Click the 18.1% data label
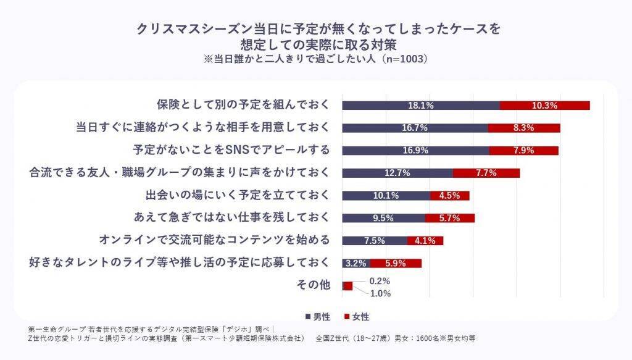(x=421, y=106)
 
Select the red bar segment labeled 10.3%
(x=544, y=106)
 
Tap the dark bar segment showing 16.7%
(x=415, y=128)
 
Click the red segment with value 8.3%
(x=524, y=128)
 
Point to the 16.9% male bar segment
(x=415, y=151)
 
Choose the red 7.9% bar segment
(x=523, y=151)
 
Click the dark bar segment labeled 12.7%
(x=397, y=173)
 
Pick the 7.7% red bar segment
(x=486, y=173)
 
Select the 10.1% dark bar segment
(x=386, y=196)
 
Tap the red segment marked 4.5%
(x=450, y=196)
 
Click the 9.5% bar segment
(x=383, y=218)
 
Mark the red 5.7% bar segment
(x=450, y=218)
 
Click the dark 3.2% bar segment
(x=356, y=263)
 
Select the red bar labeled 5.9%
(x=396, y=263)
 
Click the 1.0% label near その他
(x=380, y=293)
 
